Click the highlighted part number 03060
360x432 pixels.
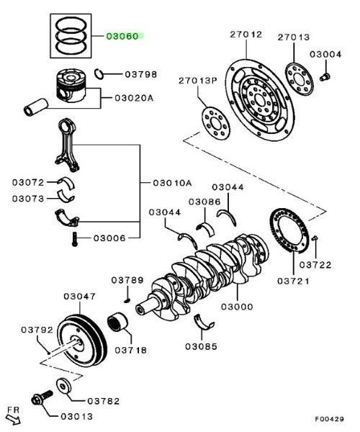pos(125,35)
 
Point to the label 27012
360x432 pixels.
pos(246,35)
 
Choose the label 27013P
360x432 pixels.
pos(200,80)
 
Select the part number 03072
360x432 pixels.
pos(29,182)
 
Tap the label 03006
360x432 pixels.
pos(109,237)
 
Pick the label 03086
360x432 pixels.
pos(204,202)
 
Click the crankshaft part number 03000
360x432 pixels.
pos(237,307)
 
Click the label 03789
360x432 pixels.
pos(127,279)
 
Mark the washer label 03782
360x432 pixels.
pos(103,400)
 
